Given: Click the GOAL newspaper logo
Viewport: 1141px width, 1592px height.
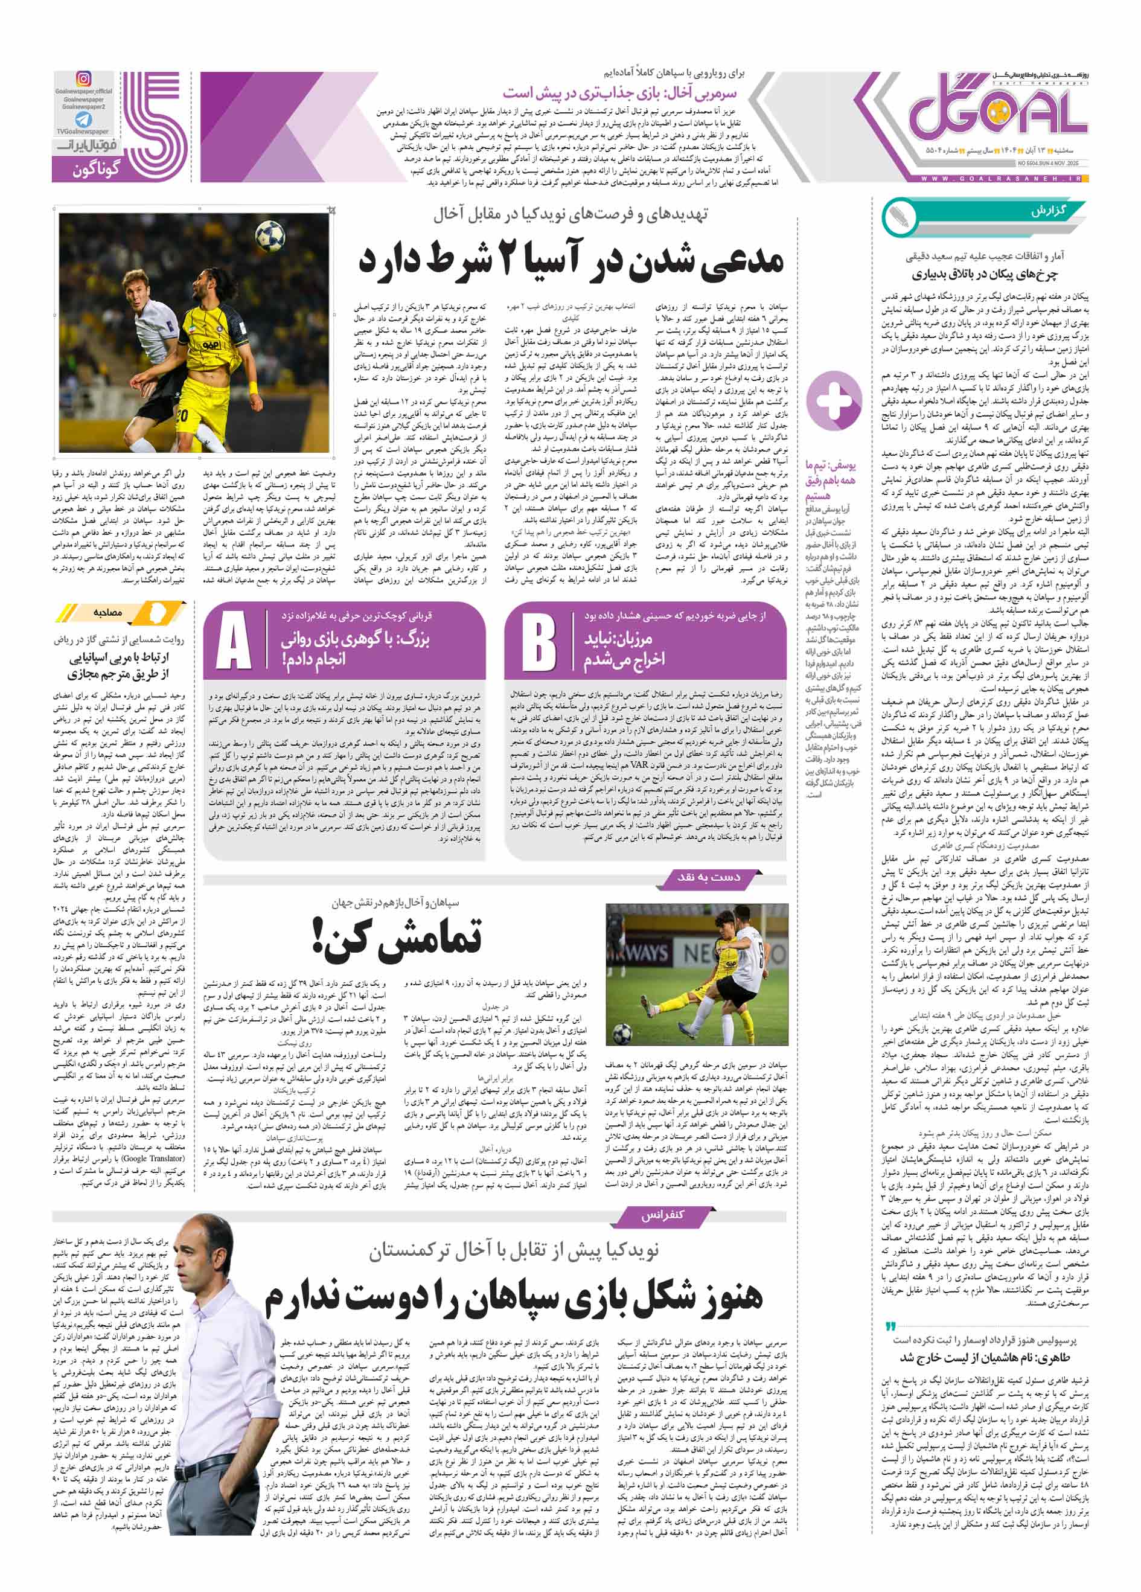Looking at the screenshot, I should pyautogui.click(x=997, y=112).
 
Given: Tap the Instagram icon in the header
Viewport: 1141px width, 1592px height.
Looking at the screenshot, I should pyautogui.click(x=83, y=79).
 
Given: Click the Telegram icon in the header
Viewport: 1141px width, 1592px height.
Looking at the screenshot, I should pyautogui.click(x=83, y=120).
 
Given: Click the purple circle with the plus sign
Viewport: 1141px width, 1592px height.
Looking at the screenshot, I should pyautogui.click(x=834, y=401).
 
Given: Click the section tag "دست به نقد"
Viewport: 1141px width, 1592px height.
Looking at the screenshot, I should pyautogui.click(x=708, y=877).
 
